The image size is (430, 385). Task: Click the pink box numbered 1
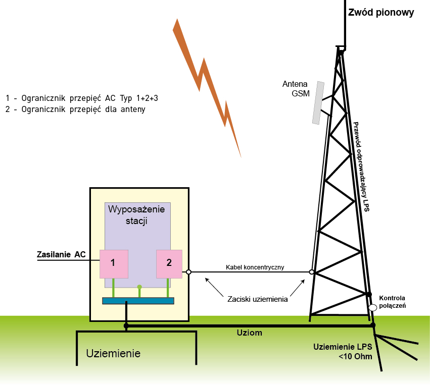[x=114, y=263]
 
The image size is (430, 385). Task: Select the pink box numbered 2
[x=169, y=263]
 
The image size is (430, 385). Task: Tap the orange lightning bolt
[x=207, y=86]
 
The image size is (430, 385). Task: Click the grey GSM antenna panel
[x=318, y=102]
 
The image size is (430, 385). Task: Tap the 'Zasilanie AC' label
[x=61, y=254]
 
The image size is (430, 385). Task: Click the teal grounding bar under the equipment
[x=138, y=301]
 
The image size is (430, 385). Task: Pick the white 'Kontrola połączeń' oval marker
[x=373, y=307]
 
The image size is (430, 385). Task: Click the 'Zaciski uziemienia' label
[x=258, y=299]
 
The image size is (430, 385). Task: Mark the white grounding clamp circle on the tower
[x=312, y=272]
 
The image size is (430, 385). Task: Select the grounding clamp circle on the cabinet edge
[x=188, y=272]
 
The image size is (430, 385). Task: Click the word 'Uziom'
[x=250, y=334]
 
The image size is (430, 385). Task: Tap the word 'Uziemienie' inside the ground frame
[x=113, y=353]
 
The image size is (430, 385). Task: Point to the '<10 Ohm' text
[x=356, y=357]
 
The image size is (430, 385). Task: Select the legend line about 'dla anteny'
[x=75, y=109]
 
